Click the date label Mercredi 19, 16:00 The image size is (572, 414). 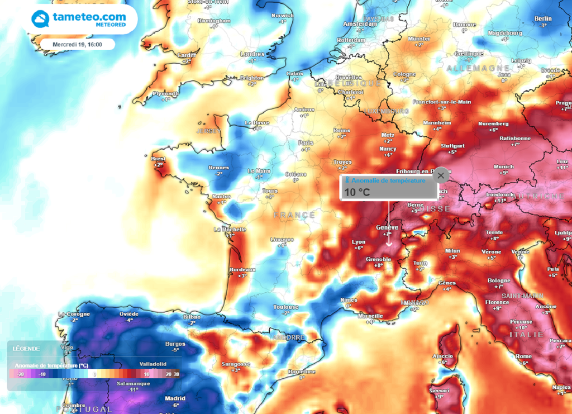pos(77,44)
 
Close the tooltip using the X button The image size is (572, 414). pos(441,175)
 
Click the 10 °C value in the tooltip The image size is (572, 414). pos(357,192)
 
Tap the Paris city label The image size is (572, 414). pos(306,142)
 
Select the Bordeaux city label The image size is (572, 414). pos(242,269)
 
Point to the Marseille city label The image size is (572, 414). pos(370,316)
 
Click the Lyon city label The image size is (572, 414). pos(359,242)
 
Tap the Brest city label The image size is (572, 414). pos(158,159)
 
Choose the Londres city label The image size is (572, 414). pos(252,54)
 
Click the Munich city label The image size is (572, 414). pos(503,166)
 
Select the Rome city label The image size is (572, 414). pos(523,356)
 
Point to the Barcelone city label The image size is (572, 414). pos(302,372)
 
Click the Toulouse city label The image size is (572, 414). pos(287,307)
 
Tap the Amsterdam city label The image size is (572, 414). pos(360,24)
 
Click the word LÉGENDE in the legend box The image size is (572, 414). pos(26,349)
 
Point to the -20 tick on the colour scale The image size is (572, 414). pos(21,374)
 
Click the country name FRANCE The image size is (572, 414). pos(294,215)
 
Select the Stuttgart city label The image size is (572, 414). pos(452,145)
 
